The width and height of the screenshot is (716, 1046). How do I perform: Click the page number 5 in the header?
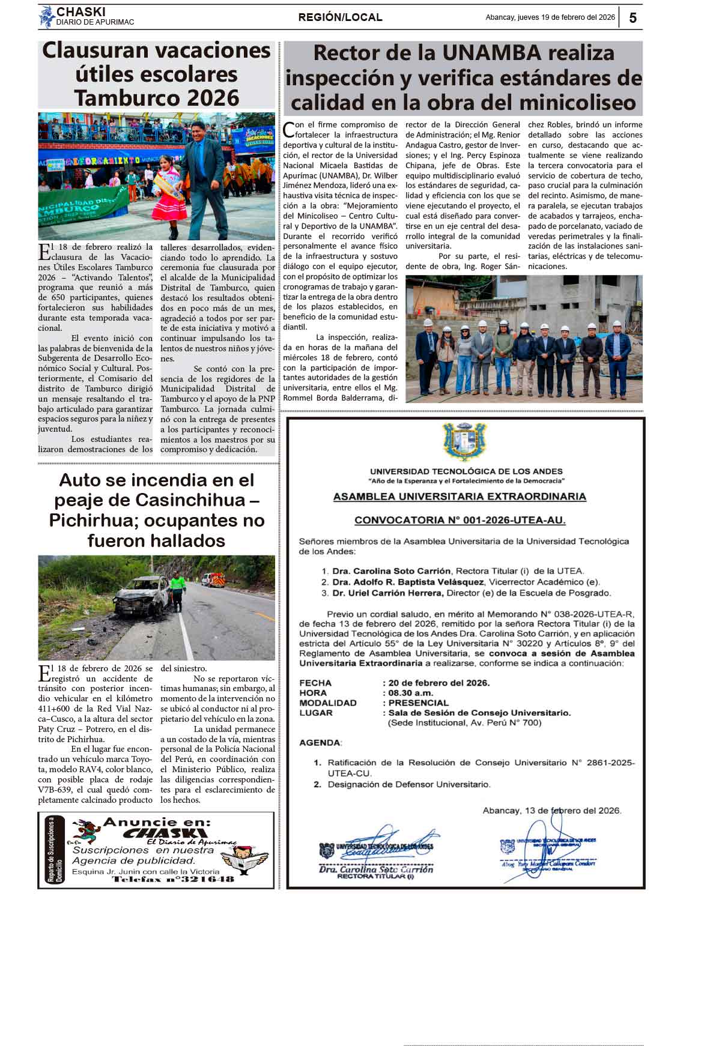pyautogui.click(x=633, y=18)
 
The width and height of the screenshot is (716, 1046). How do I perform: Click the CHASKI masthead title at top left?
pyautogui.click(x=80, y=12)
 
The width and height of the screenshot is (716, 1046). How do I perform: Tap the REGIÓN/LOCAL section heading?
pyautogui.click(x=340, y=17)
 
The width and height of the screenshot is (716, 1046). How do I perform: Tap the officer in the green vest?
pyautogui.click(x=177, y=591)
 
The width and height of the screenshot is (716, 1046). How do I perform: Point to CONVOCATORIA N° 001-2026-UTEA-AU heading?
pyautogui.click(x=460, y=521)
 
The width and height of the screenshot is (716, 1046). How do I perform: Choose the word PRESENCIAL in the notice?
pyautogui.click(x=419, y=703)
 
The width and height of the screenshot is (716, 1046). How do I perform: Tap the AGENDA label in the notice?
pyautogui.click(x=320, y=743)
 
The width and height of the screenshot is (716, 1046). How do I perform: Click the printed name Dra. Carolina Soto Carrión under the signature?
pyautogui.click(x=375, y=869)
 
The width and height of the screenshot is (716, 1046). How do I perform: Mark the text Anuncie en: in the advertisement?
pyautogui.click(x=157, y=822)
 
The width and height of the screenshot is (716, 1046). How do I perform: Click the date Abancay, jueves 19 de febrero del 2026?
pyautogui.click(x=550, y=17)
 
